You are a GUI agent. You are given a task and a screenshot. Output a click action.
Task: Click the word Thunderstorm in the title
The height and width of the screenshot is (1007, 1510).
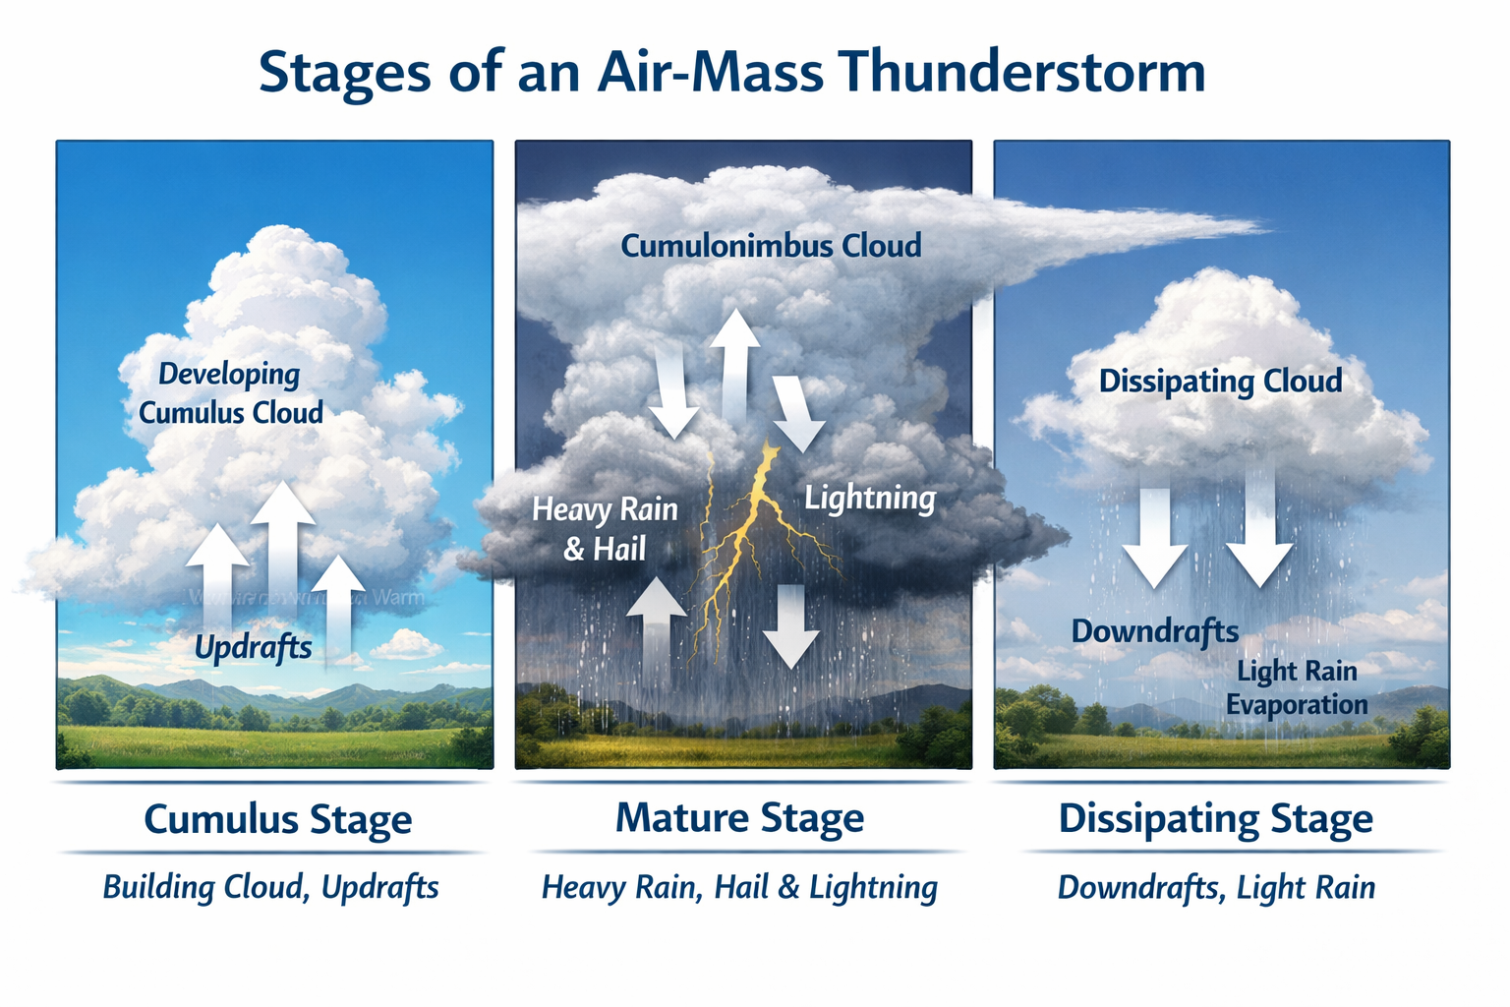(1022, 73)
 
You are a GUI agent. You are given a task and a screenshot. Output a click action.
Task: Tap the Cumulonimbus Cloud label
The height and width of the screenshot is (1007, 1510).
(771, 245)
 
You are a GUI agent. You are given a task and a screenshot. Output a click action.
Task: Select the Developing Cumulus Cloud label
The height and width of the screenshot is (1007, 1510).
(230, 392)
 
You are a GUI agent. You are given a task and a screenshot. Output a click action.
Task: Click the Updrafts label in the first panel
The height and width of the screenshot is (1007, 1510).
(253, 647)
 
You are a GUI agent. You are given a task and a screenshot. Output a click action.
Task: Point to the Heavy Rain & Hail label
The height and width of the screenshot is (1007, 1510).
(605, 528)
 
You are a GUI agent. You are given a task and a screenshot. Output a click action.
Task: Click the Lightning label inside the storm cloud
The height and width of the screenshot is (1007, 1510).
(869, 498)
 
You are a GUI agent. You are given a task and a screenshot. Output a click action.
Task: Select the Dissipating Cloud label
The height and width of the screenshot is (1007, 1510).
(1220, 381)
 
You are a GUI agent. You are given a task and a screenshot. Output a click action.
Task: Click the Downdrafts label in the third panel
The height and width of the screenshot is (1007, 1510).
(1154, 630)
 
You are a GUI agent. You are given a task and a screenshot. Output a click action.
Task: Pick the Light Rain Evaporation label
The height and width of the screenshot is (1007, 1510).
(1297, 687)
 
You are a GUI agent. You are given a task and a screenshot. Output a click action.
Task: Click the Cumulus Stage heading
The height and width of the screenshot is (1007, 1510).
(278, 819)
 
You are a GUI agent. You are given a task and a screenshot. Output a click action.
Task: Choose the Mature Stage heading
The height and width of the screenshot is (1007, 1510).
(739, 818)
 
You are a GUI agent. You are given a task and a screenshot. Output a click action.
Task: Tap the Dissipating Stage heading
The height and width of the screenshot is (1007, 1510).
(1215, 819)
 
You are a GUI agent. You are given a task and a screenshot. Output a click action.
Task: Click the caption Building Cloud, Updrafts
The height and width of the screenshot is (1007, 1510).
(270, 887)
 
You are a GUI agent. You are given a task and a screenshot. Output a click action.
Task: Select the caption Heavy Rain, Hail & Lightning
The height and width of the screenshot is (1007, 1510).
(739, 887)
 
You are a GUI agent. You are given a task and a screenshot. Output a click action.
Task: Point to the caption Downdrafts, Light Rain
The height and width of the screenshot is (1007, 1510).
(1216, 887)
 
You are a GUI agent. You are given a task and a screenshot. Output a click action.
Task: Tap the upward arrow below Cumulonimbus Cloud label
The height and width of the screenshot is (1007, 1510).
(734, 364)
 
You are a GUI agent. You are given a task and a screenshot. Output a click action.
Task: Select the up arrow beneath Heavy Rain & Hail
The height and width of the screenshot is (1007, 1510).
(656, 629)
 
